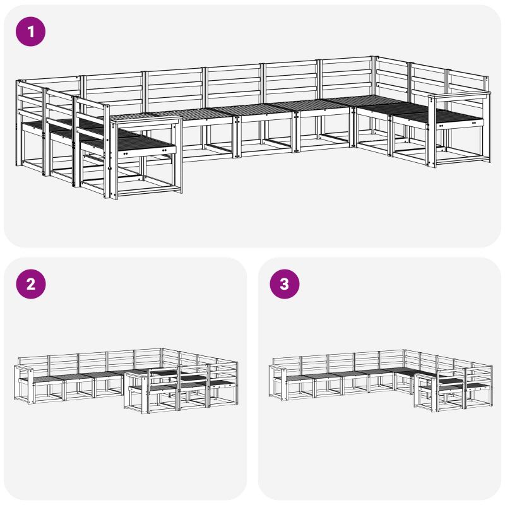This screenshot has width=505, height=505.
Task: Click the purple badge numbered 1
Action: (x=30, y=32)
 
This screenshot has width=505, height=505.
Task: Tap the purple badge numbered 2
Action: (x=30, y=284)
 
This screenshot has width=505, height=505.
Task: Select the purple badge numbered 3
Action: (x=285, y=284)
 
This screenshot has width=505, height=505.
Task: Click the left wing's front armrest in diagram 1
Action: (x=146, y=121)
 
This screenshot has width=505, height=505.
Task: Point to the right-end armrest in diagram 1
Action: (x=460, y=95)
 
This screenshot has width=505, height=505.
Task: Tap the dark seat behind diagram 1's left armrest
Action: (x=141, y=141)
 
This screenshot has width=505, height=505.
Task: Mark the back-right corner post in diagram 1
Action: (x=374, y=96)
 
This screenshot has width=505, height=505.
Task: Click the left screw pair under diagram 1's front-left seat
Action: (x=125, y=154)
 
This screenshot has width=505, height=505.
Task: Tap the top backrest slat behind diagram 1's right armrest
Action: (x=467, y=76)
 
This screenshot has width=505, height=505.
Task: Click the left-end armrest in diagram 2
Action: (x=23, y=368)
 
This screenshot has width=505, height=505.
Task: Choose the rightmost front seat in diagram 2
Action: (x=222, y=383)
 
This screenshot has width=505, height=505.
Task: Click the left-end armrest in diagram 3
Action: (x=278, y=367)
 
